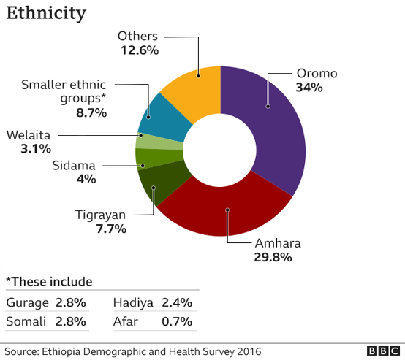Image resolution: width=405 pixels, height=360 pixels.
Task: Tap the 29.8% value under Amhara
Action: tap(273, 257)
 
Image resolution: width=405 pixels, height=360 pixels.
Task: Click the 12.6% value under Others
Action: tap(140, 50)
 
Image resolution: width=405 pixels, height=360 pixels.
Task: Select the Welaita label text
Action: tap(29, 134)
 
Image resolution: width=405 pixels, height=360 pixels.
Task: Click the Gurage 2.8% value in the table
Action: tap(71, 302)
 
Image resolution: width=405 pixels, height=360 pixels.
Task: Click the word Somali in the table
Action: tap(26, 321)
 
